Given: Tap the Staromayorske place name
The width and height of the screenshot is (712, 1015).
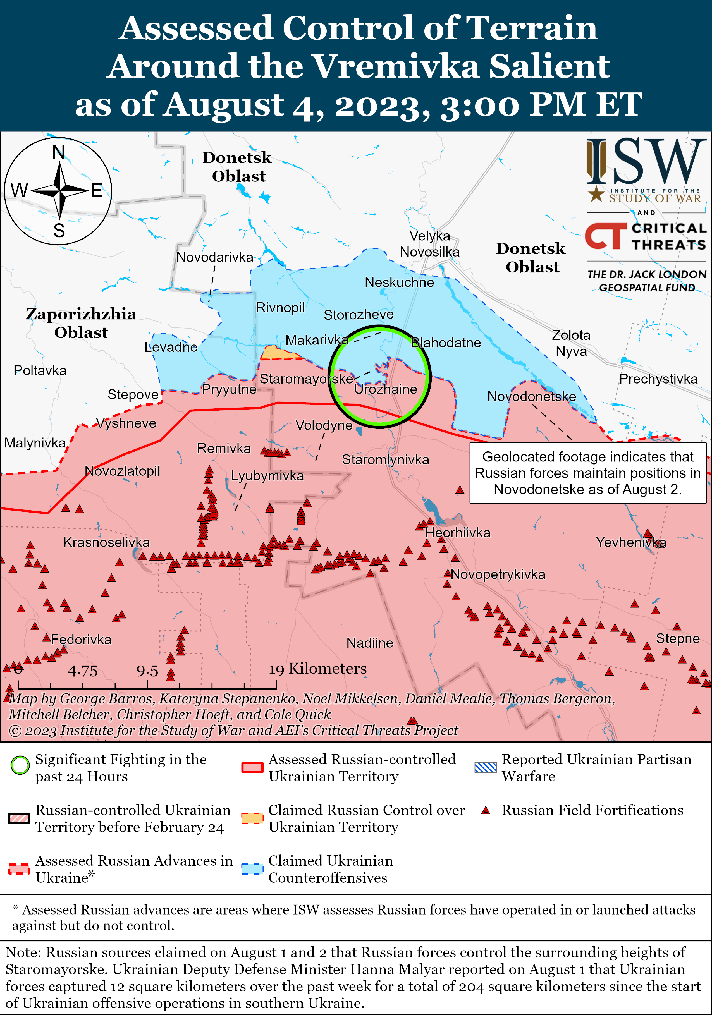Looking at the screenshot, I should (x=306, y=379).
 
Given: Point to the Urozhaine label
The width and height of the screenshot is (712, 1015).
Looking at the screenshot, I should (x=386, y=389).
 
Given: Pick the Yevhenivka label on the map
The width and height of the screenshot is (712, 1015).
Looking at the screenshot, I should (x=631, y=542).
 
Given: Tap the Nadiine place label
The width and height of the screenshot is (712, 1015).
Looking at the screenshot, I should (x=370, y=643).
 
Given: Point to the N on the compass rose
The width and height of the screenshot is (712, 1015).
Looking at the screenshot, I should (x=59, y=152).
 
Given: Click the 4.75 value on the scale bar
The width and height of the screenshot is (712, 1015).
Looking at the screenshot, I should (x=83, y=671).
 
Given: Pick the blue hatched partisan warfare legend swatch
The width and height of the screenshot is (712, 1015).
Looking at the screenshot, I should (x=486, y=767).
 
